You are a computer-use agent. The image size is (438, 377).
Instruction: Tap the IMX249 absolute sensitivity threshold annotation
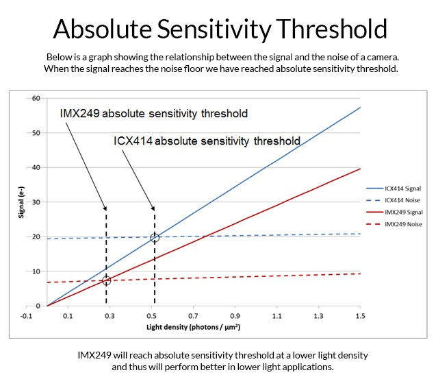pos(153,113)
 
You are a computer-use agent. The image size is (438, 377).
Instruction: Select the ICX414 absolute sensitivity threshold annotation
pos(207,141)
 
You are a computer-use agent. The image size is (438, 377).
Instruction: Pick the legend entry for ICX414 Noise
pos(404,199)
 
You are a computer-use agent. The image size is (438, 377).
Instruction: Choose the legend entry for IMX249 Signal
pos(404,212)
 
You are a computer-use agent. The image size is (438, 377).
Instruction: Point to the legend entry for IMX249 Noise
pos(404,224)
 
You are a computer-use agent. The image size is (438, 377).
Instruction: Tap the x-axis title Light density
pos(193,327)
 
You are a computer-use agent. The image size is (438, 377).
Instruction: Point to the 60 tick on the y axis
pos(36,98)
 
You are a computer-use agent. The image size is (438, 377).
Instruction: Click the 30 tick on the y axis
pos(36,202)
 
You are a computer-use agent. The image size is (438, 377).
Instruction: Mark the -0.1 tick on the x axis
pos(27,315)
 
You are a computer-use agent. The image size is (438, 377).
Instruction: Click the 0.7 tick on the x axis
pos(193,315)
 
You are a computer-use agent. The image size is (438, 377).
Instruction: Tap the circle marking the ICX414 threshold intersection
pos(155,238)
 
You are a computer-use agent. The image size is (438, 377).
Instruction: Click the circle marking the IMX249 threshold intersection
pos(106,280)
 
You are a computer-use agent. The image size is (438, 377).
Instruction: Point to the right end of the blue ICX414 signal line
pos(360,107)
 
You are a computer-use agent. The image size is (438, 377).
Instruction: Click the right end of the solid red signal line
pos(360,169)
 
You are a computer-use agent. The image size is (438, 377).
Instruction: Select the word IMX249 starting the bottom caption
pos(94,355)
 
